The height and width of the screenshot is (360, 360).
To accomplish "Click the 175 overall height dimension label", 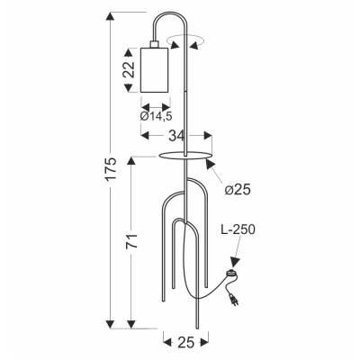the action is (112, 168).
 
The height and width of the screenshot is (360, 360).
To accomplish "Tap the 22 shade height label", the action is (129, 70).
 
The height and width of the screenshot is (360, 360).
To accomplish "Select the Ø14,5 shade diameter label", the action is (156, 116).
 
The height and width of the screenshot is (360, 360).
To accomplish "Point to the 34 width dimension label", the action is (175, 136).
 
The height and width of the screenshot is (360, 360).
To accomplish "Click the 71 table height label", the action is (131, 241).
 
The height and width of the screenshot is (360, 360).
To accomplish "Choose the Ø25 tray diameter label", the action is (238, 190).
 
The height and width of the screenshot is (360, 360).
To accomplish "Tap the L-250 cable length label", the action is (238, 229).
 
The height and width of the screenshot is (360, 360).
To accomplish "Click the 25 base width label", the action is (186, 343).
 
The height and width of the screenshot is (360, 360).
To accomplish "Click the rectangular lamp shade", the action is (155, 70).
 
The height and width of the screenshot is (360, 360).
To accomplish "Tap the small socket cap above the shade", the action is (155, 44).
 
